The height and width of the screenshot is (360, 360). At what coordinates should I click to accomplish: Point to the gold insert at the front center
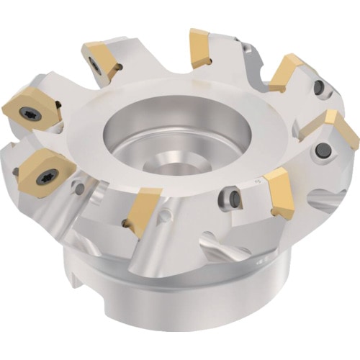pos(144,209)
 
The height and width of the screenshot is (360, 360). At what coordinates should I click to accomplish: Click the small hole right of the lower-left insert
pos(80,189)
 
